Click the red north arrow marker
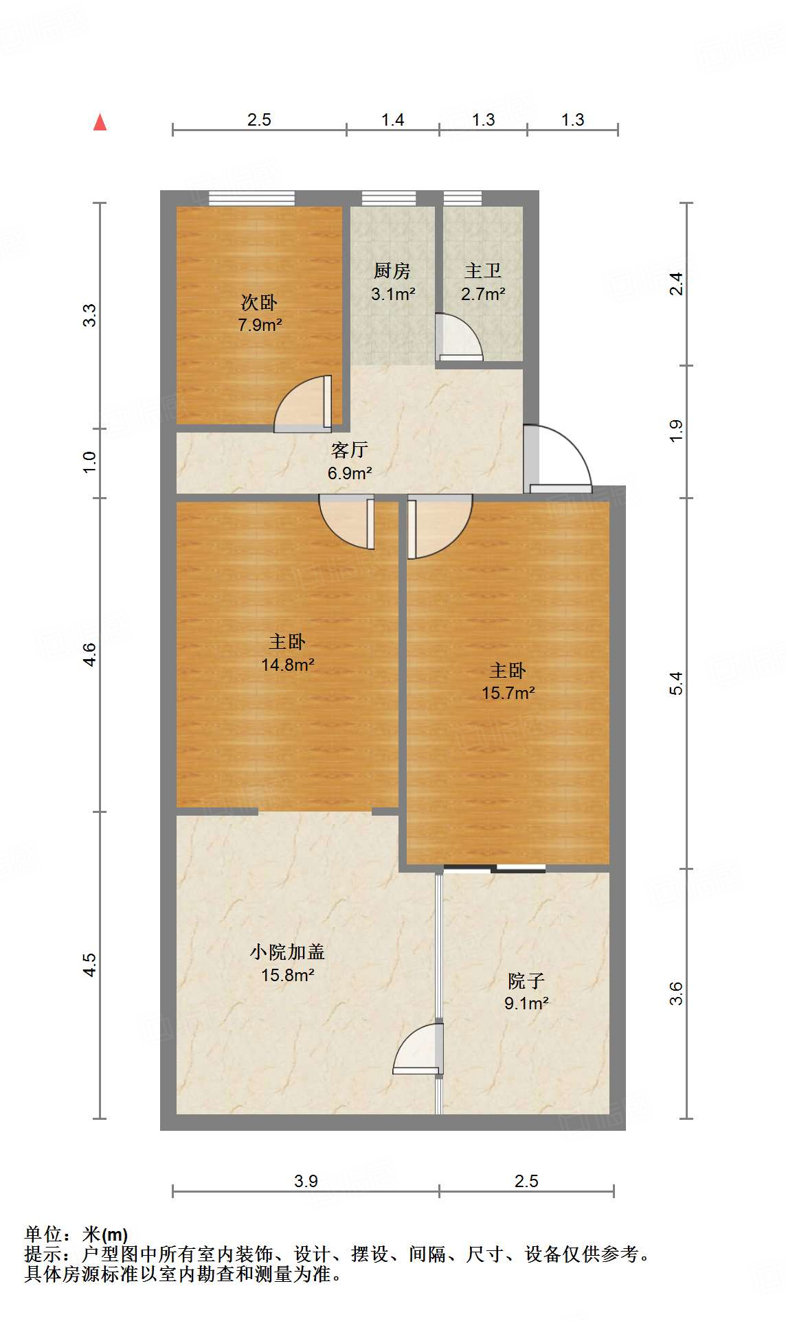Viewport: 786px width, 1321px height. (100, 122)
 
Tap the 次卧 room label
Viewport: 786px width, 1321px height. (259, 302)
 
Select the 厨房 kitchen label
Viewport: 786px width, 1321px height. (392, 271)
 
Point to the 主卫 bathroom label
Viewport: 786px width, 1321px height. (483, 271)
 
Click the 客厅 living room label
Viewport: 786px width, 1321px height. (350, 450)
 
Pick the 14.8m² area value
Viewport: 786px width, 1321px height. (288, 665)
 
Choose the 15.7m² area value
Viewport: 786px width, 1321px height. (508, 693)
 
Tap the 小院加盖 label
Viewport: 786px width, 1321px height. (287, 952)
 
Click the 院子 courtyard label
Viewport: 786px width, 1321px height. (526, 980)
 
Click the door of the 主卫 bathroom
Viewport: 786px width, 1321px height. (459, 337)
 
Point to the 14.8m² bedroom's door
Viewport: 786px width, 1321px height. (347, 521)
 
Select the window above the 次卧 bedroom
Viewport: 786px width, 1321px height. (251, 198)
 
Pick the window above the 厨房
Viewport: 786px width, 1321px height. (389, 198)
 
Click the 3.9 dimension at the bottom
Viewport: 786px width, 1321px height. (306, 1181)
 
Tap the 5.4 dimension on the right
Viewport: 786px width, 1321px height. (677, 684)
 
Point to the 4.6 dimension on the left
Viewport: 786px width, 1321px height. (89, 654)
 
